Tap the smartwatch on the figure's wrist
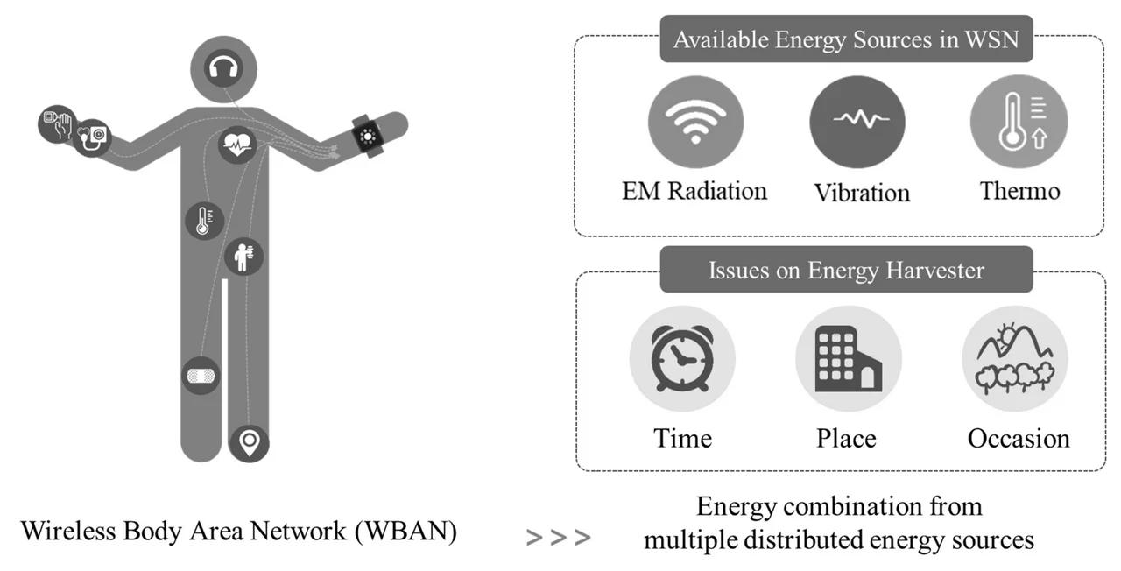(x=367, y=137)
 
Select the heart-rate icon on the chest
(x=236, y=145)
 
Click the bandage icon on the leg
(x=201, y=376)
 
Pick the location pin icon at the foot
(x=249, y=442)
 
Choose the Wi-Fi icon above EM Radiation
(x=695, y=122)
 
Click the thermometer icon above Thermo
(x=1019, y=122)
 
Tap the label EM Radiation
(x=694, y=190)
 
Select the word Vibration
(x=862, y=192)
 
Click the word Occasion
(x=1018, y=437)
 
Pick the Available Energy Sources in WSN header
(x=846, y=39)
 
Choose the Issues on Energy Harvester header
(x=846, y=270)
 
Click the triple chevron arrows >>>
(x=558, y=537)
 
